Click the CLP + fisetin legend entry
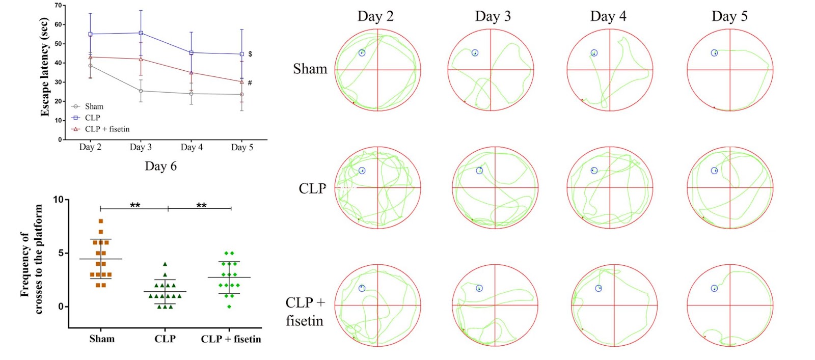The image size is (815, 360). point(107,129)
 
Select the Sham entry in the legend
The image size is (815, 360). point(94,106)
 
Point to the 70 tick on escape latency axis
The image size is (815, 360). point(58,6)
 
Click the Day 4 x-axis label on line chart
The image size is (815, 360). point(192,147)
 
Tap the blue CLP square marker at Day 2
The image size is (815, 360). point(90,34)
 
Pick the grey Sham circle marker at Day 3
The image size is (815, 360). point(141,91)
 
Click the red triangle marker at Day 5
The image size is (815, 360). point(242,82)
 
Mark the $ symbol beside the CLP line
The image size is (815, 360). point(250,54)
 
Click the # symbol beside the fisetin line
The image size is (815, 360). point(250,82)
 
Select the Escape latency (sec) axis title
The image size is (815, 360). point(44,67)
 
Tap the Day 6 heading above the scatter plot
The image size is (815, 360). point(160,167)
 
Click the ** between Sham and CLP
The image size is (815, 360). point(135,205)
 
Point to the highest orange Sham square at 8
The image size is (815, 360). point(101,221)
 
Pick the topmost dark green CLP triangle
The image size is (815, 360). point(165,264)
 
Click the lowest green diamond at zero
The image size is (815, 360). point(230,307)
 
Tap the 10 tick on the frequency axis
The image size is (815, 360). point(59,200)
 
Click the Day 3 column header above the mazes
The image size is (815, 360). point(493,16)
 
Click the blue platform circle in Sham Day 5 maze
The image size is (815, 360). point(714,53)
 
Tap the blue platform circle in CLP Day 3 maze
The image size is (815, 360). point(479,171)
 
